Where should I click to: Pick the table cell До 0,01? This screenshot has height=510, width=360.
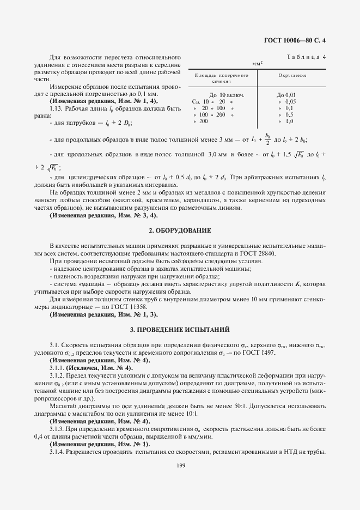[x=286, y=95]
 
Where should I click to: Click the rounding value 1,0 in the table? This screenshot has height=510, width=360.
[x=290, y=121]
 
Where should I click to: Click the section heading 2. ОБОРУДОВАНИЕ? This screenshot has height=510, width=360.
[x=180, y=231]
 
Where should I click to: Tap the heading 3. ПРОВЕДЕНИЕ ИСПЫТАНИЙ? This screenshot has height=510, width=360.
[x=180, y=330]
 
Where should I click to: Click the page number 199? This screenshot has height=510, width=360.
[x=180, y=465]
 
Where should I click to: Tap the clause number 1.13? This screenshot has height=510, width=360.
[x=56, y=108]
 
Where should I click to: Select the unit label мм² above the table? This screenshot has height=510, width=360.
[x=258, y=63]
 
